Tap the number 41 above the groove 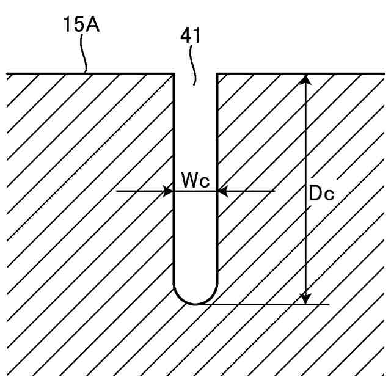(x=191, y=35)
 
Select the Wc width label (x=195, y=180)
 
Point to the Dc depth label (x=321, y=195)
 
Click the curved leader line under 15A (x=86, y=58)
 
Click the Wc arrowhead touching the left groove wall (x=169, y=191)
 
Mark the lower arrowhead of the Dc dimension (x=307, y=298)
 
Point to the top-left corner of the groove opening (x=175, y=74)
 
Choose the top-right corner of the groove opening (x=217, y=74)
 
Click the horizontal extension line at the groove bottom (x=275, y=304)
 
